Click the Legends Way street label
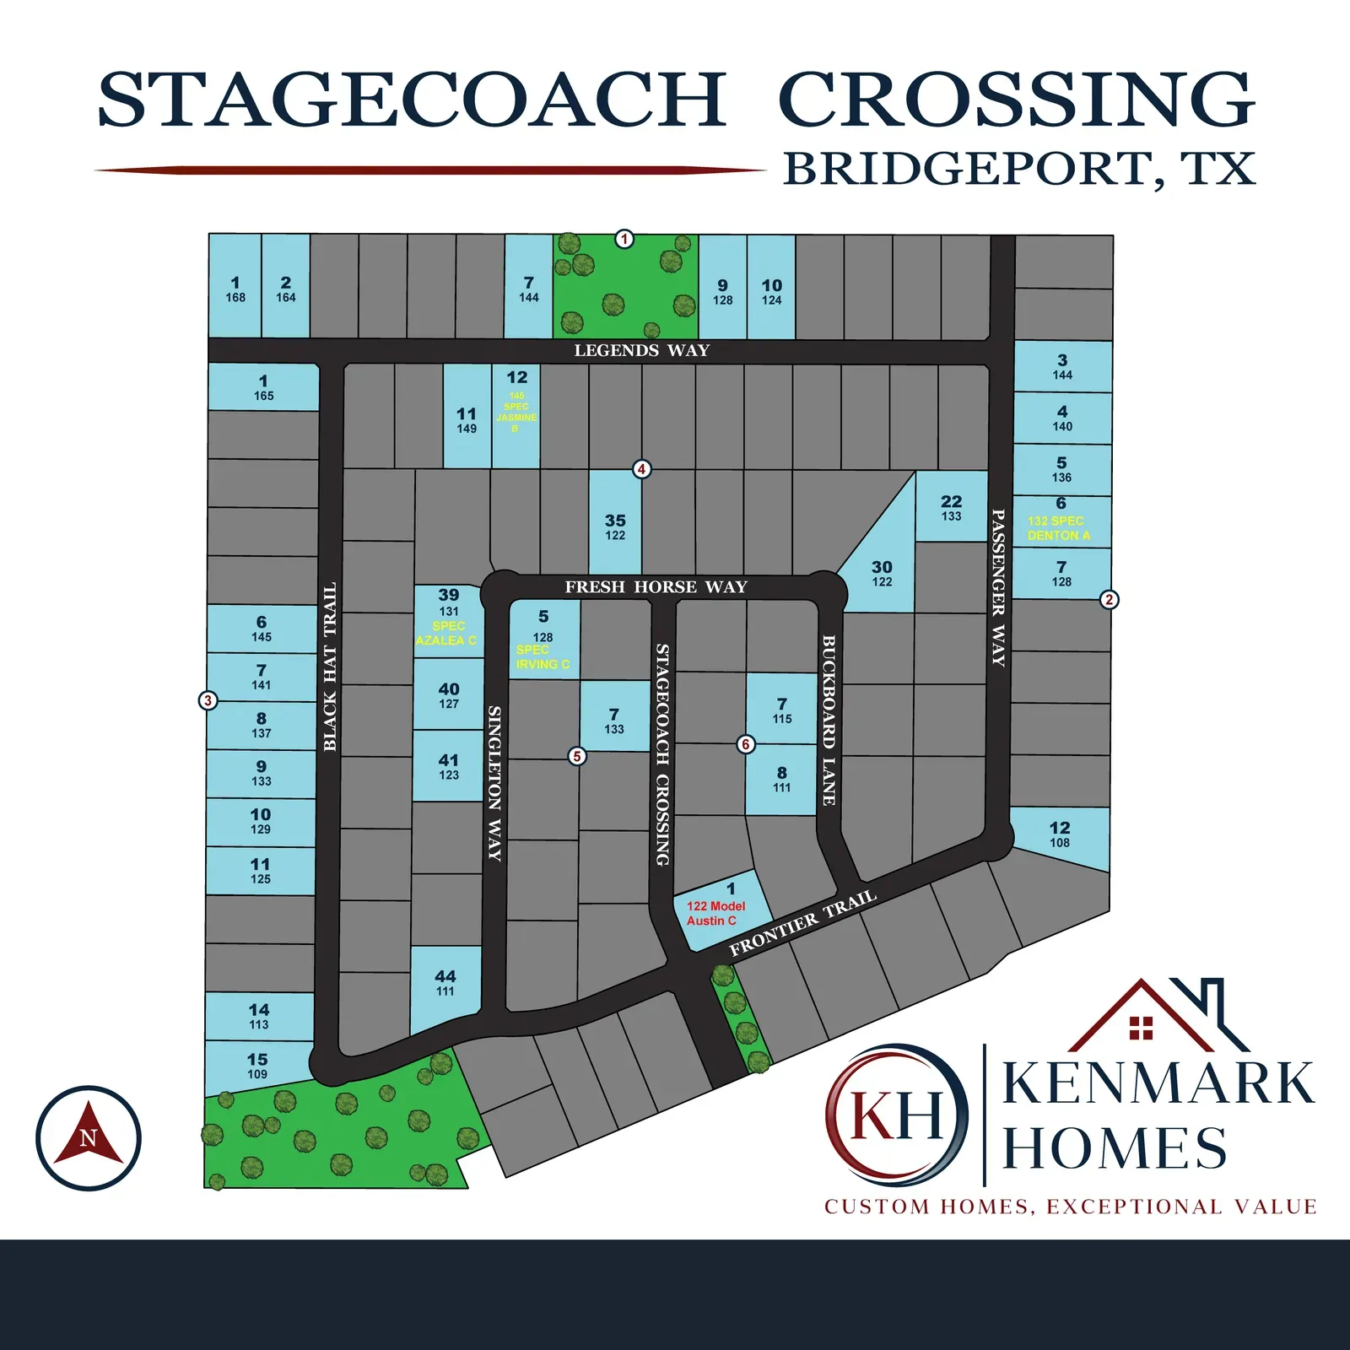click(x=641, y=350)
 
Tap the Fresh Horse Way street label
click(x=656, y=586)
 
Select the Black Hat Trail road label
click(x=330, y=667)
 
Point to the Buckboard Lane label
click(x=829, y=720)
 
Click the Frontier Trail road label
click(x=802, y=923)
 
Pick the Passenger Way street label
click(x=998, y=587)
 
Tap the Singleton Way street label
click(x=495, y=783)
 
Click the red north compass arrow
click(x=89, y=1136)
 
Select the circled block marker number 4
click(x=642, y=469)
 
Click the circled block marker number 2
click(x=1109, y=600)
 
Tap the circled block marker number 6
click(x=746, y=744)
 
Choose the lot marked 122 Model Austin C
click(x=721, y=911)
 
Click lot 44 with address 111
click(x=445, y=987)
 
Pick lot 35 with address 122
click(x=615, y=523)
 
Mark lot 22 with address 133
click(x=952, y=506)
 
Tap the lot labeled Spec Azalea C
click(x=448, y=621)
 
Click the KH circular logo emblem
click(x=896, y=1115)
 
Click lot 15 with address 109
click(x=258, y=1066)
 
